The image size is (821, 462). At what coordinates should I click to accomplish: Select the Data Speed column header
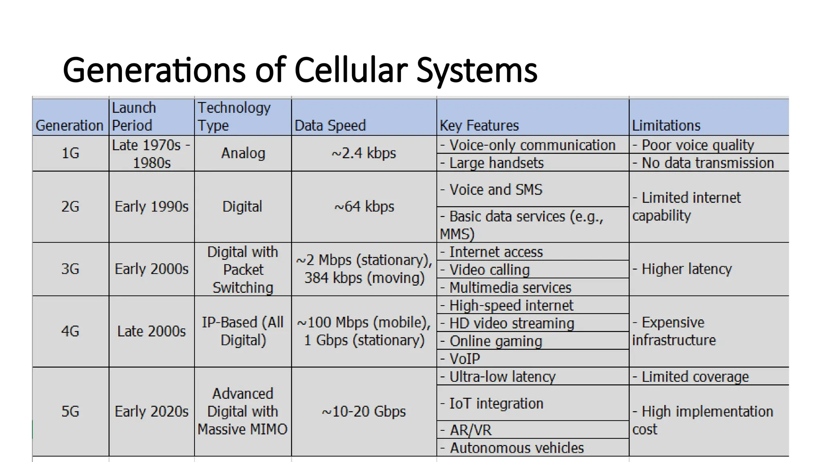tap(330, 126)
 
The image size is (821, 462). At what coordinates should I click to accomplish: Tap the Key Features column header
tap(479, 126)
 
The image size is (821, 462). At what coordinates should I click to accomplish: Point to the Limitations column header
tap(666, 126)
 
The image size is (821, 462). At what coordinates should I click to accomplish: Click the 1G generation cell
tap(70, 153)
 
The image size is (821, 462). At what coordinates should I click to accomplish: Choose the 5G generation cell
tap(70, 411)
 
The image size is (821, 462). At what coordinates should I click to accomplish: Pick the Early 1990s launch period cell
tap(151, 207)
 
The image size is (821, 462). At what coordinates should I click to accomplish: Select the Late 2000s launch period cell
tap(151, 331)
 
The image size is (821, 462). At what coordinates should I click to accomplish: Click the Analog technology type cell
tap(243, 153)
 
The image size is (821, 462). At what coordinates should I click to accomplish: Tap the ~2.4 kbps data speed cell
tap(364, 153)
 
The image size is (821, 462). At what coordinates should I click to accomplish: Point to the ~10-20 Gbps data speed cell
tap(364, 411)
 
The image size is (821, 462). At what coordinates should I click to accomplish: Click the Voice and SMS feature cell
tap(495, 189)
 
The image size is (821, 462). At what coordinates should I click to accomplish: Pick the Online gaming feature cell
tap(495, 341)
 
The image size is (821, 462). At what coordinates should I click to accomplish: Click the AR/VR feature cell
tap(470, 430)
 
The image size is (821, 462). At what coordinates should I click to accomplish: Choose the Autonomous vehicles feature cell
tap(516, 448)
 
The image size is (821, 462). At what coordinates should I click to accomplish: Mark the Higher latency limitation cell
tap(686, 269)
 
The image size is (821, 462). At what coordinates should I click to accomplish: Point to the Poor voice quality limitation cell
tap(698, 145)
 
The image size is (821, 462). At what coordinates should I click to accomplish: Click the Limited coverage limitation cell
tap(695, 377)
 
